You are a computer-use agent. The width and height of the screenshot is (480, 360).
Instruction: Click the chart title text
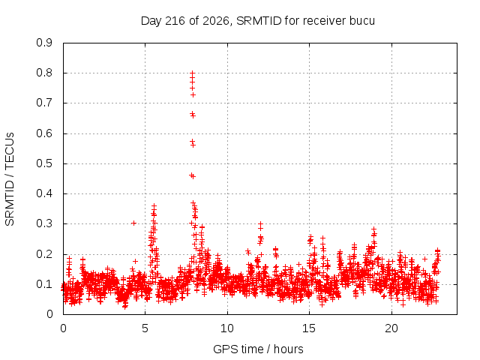tap(258, 21)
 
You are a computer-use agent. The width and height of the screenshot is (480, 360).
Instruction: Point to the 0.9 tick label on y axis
tap(44, 43)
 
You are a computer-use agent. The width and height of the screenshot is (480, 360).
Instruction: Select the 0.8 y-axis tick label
tap(44, 73)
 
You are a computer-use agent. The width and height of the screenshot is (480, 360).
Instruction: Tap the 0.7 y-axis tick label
tap(44, 103)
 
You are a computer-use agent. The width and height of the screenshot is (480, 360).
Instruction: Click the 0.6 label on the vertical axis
tap(44, 133)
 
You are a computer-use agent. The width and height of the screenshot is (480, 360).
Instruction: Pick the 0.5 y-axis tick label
tap(44, 163)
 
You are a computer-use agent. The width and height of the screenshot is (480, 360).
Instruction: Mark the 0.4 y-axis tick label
tap(44, 193)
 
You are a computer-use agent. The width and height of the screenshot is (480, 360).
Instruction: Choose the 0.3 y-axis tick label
tap(44, 223)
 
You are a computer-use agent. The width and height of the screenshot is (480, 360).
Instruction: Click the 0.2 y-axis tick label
tap(44, 253)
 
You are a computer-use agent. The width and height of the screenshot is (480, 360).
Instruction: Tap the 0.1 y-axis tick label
tap(44, 284)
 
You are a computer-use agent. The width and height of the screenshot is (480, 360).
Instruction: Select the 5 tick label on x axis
tap(145, 328)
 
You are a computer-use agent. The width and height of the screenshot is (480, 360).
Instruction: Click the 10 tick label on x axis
tap(227, 328)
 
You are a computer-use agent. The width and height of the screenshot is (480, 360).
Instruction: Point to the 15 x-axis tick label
tap(309, 328)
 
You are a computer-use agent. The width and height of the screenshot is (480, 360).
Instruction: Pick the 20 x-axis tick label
tap(391, 328)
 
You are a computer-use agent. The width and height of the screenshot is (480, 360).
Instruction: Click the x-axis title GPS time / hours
tap(258, 349)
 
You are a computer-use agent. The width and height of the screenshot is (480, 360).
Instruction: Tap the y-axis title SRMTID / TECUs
tap(10, 179)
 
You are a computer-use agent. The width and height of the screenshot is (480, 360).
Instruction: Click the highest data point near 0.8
tap(193, 73)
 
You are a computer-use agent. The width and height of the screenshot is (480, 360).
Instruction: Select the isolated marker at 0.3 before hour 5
tap(133, 223)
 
